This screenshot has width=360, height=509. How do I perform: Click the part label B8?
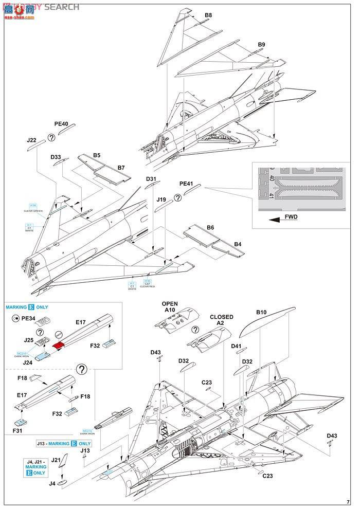(x=208, y=15)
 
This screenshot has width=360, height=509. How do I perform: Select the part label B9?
(x=261, y=45)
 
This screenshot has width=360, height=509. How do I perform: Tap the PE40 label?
(x=61, y=124)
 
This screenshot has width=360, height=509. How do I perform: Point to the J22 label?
(x=31, y=140)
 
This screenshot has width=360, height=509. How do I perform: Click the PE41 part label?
(x=186, y=183)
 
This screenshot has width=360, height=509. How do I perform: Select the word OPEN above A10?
(x=170, y=304)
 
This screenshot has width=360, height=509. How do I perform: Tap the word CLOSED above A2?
(x=221, y=317)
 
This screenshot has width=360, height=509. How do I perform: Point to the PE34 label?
(x=27, y=318)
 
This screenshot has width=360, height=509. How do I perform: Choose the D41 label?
(x=236, y=346)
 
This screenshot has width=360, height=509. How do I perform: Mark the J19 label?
(x=161, y=199)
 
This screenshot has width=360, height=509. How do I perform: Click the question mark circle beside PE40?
(x=51, y=137)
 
